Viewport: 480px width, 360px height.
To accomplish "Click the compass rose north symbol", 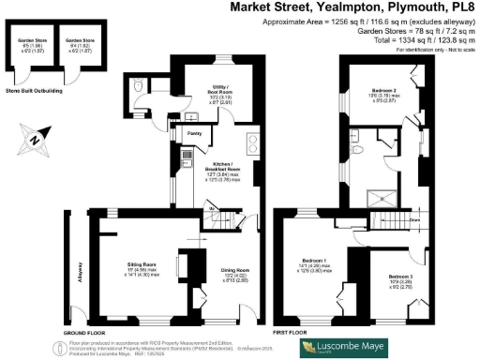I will pyautogui.click(x=36, y=141).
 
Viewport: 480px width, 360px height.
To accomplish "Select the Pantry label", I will pyautogui.click(x=194, y=134).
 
